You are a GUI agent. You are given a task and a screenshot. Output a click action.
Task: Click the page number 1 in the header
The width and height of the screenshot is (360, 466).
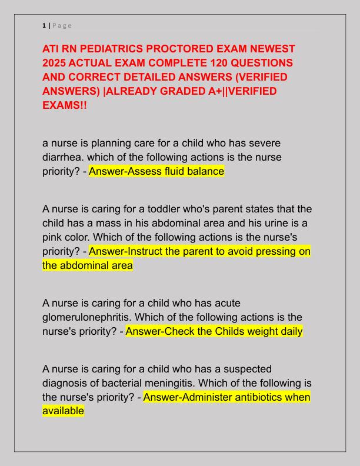(x=44, y=25)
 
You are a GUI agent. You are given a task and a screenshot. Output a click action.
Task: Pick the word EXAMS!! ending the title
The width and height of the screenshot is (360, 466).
(x=65, y=105)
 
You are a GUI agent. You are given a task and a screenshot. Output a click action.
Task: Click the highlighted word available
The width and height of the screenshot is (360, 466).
(x=63, y=411)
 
